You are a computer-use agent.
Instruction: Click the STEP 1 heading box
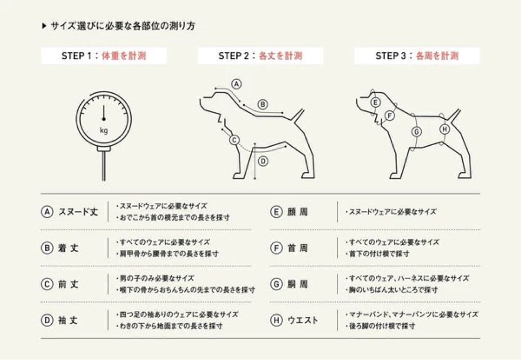click(x=104, y=56)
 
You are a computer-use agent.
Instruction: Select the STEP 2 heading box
click(x=260, y=56)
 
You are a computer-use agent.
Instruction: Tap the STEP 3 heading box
click(x=417, y=56)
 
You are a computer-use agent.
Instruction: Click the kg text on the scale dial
click(x=104, y=130)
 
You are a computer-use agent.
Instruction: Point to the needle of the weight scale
click(x=104, y=112)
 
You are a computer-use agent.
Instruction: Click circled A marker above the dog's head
click(x=236, y=83)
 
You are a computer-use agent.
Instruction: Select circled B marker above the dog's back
click(x=262, y=104)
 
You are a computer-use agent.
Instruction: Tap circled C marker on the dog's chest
click(x=234, y=140)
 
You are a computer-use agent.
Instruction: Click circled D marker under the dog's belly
click(x=262, y=162)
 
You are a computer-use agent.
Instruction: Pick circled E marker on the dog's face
click(x=376, y=102)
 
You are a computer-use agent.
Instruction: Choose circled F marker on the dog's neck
click(x=390, y=115)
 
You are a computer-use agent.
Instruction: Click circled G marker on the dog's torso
click(x=416, y=132)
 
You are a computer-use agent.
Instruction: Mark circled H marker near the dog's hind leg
click(x=444, y=129)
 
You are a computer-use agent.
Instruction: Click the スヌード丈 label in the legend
click(x=78, y=212)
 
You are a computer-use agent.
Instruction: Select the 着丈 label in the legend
click(x=68, y=248)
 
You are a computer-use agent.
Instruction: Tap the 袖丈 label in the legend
click(x=68, y=320)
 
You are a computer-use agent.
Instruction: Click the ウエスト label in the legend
click(x=303, y=320)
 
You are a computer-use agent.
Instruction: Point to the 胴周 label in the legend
click(x=297, y=284)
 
